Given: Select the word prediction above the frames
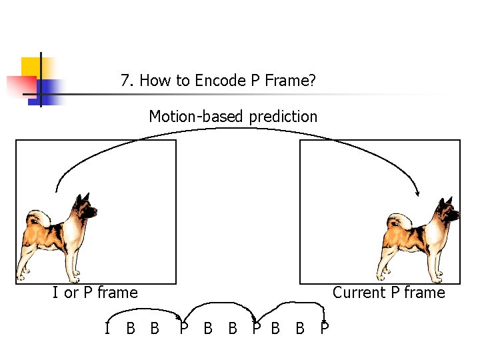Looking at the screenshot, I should pyautogui.click(x=283, y=117).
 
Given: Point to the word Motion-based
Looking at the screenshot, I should pyautogui.click(x=197, y=117).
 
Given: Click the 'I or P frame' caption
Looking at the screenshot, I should pyautogui.click(x=95, y=293).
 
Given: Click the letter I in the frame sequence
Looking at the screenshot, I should pyautogui.click(x=107, y=328).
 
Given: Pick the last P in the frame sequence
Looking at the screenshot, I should pyautogui.click(x=324, y=328).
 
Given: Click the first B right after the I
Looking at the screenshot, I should pyautogui.click(x=131, y=328).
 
